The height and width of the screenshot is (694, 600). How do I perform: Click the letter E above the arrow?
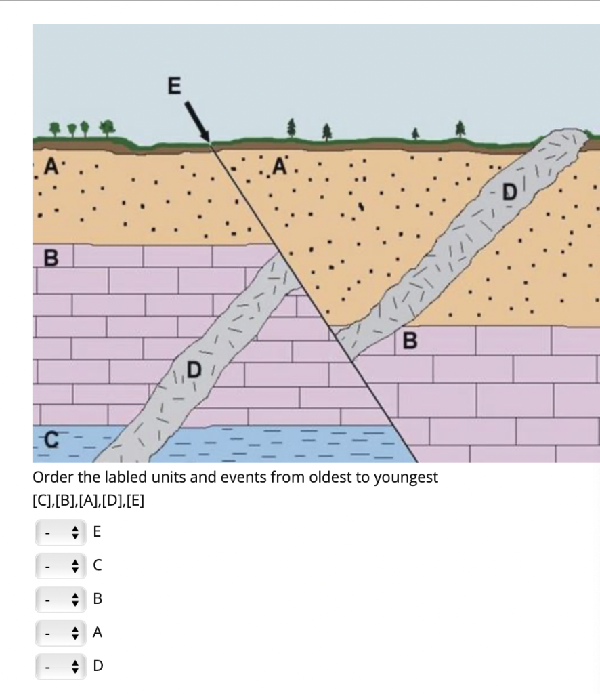[x=174, y=86]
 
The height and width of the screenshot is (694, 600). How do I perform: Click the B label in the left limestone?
[x=49, y=258]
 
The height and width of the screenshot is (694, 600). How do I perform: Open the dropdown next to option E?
[x=60, y=533]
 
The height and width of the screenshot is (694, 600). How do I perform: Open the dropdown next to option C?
[x=60, y=565]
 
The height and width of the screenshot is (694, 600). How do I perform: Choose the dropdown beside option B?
[x=60, y=599]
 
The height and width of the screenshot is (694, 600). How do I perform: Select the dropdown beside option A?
[x=60, y=632]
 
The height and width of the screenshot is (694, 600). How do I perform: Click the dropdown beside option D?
[x=60, y=666]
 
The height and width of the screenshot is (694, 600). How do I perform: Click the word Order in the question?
[x=49, y=477]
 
